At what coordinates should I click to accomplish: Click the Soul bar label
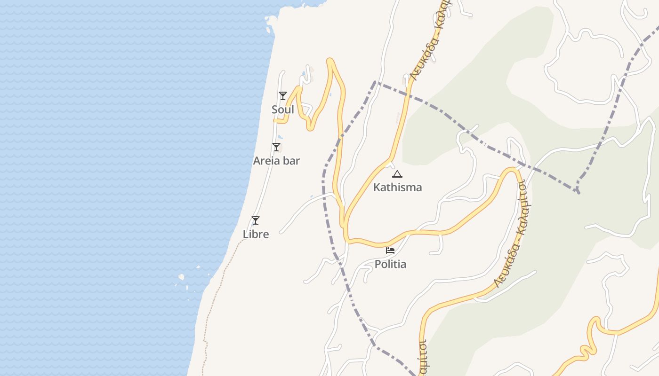(x=283, y=110)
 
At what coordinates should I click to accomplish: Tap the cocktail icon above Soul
(x=283, y=96)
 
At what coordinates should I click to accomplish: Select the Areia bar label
(x=276, y=161)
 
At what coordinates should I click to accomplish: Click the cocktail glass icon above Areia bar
(x=276, y=147)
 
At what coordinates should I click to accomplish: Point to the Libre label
(x=256, y=234)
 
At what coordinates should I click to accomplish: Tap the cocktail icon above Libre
(x=256, y=220)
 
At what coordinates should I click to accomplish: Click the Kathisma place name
(x=397, y=187)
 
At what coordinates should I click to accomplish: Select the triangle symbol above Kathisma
(x=397, y=174)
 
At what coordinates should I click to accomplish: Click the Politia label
(x=390, y=264)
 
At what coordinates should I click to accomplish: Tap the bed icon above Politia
(x=390, y=250)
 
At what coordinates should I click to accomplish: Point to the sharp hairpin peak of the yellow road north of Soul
(x=330, y=60)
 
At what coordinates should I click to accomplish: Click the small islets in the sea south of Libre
(x=182, y=277)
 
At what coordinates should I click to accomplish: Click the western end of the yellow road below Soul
(x=275, y=120)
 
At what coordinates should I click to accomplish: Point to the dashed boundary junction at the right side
(x=578, y=190)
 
